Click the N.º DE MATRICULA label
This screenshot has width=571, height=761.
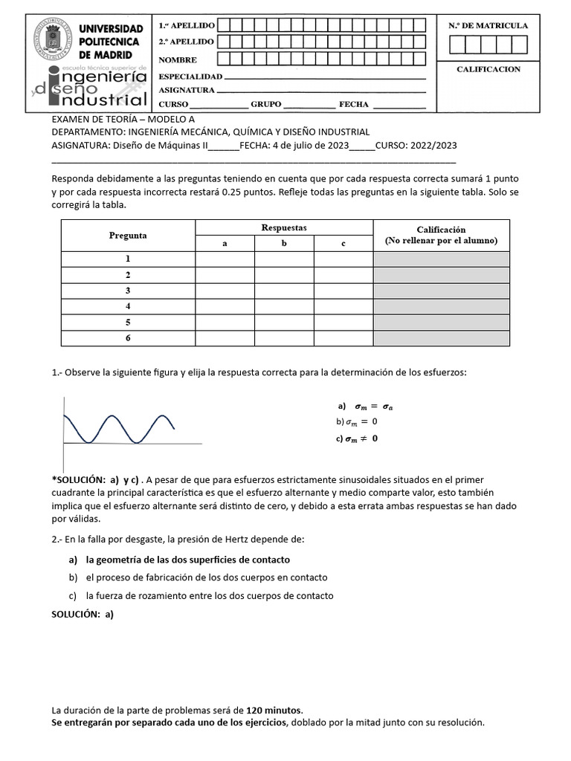(x=488, y=25)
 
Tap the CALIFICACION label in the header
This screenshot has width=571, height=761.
(x=488, y=69)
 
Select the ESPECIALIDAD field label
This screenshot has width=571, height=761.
(x=190, y=77)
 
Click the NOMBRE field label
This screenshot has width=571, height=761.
(x=177, y=59)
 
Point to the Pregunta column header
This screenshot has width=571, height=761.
(x=128, y=236)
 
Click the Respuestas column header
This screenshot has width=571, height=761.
(x=284, y=227)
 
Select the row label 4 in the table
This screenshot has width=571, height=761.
(x=128, y=306)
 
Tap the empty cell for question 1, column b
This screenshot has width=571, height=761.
(x=284, y=259)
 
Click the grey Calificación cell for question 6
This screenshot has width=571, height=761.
(x=441, y=338)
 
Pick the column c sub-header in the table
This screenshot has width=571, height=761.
(x=343, y=244)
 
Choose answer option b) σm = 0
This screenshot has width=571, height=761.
(x=357, y=422)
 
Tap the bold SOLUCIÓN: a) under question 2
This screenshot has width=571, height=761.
(x=83, y=615)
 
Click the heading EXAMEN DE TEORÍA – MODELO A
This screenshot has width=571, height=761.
(x=123, y=119)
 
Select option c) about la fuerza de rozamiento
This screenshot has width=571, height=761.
(x=201, y=595)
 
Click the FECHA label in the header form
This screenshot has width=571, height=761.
(x=354, y=105)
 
